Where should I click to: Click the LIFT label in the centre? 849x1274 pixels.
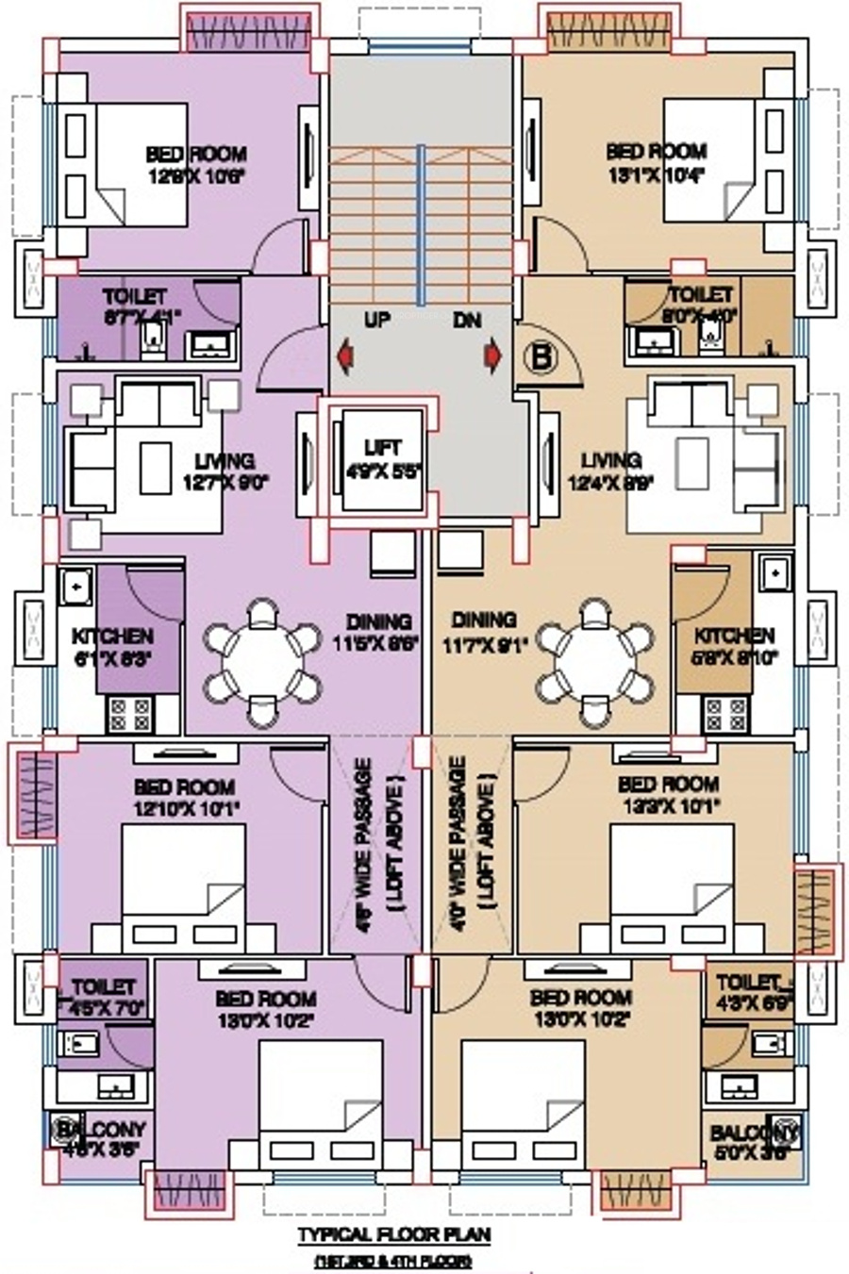coord(382,447)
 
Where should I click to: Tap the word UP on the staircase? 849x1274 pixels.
coord(377,321)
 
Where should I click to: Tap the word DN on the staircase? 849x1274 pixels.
coord(467,321)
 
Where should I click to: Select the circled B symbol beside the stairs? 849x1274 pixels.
coord(542,357)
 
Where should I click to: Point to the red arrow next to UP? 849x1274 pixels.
coord(345,356)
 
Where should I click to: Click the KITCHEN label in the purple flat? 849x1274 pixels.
coord(113,636)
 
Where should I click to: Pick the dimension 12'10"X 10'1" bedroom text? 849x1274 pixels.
coord(185,807)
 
